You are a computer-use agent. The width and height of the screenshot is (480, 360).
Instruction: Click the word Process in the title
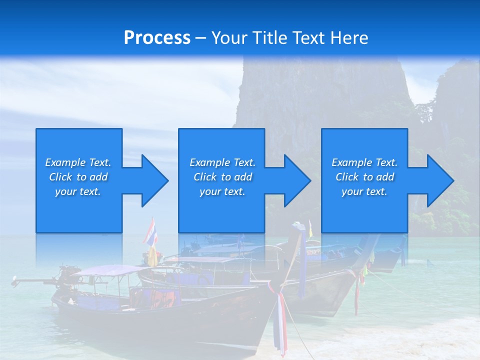(157, 38)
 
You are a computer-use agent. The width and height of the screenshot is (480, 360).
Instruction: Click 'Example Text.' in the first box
(78, 162)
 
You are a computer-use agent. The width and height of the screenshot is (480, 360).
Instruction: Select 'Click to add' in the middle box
(222, 177)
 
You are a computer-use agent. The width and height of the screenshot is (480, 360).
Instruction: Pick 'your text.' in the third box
(364, 191)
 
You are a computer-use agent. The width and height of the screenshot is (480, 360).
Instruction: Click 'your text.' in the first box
(78, 191)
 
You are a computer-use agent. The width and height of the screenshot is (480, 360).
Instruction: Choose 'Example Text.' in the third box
(364, 162)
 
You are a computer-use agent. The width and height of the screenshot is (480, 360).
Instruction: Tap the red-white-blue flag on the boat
(150, 232)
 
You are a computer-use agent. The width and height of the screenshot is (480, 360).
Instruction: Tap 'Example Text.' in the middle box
(222, 162)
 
